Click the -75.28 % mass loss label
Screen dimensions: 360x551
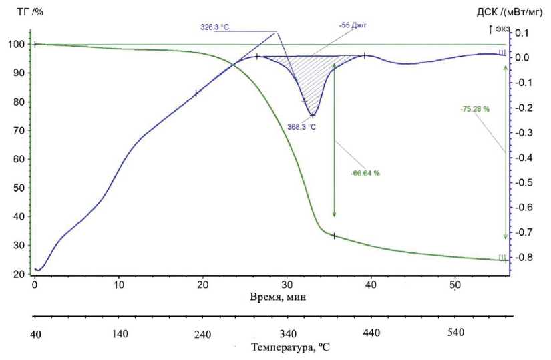(474, 109)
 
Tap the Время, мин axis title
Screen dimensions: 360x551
(277, 297)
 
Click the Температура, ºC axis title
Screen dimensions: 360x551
(291, 348)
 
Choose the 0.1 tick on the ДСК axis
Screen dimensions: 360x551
(522, 33)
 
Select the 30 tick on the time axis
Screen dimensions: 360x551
(287, 281)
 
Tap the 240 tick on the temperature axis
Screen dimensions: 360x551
(202, 333)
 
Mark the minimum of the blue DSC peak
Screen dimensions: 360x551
(313, 115)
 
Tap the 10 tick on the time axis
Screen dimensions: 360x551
(119, 281)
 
